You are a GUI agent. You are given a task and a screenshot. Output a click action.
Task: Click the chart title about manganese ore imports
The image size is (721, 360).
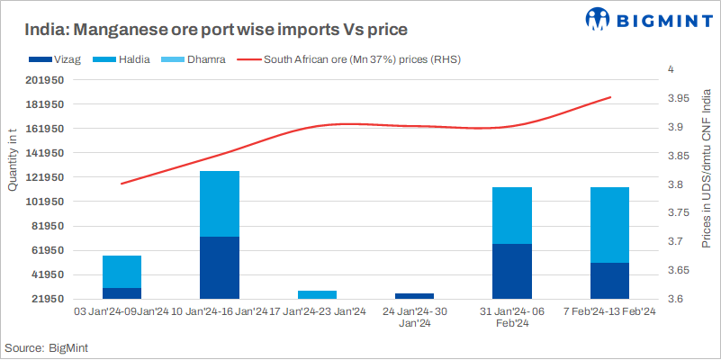[215, 30]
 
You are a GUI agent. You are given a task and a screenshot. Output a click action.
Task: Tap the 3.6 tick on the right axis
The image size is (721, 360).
[677, 299]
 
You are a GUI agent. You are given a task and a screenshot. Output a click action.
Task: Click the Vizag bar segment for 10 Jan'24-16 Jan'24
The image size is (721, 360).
[220, 267]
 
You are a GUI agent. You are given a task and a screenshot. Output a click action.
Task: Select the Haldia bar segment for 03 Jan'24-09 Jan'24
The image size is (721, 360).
[122, 272]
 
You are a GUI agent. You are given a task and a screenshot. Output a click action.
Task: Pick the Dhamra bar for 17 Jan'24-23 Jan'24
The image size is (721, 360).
[317, 294]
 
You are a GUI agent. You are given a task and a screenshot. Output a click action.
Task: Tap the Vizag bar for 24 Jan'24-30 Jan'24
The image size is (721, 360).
[415, 295]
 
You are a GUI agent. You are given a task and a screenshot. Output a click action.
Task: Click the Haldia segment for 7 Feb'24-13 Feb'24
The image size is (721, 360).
[609, 225]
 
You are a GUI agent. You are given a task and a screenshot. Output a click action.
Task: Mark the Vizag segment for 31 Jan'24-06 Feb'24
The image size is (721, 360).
[512, 271]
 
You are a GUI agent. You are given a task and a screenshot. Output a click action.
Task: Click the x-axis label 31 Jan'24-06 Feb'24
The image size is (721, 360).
[512, 318]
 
